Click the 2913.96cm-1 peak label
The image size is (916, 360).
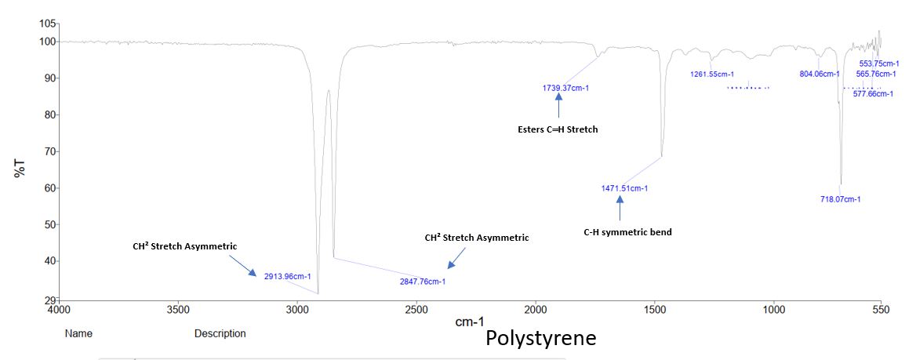(288, 276)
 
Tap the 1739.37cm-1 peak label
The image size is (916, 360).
(565, 88)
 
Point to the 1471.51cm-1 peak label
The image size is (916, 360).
(624, 188)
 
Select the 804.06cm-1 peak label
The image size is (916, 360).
(819, 75)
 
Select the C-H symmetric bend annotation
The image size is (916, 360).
(627, 232)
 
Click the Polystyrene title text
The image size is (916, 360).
(540, 339)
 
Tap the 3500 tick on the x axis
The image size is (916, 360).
(178, 310)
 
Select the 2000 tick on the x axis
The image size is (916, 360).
(536, 310)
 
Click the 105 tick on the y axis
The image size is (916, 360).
(48, 24)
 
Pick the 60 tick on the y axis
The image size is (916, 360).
(51, 188)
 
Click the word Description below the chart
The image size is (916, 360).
(220, 334)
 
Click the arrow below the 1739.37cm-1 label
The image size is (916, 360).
(558, 106)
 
